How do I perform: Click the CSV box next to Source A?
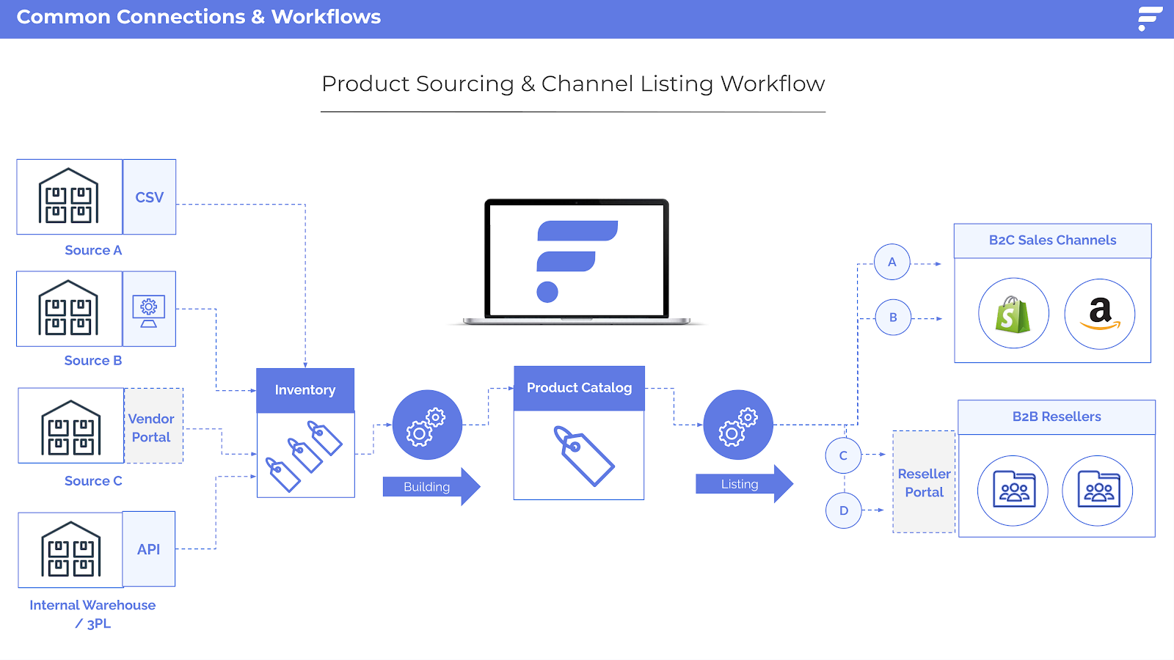coord(150,197)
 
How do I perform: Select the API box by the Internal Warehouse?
coord(149,549)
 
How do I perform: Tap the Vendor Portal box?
coord(153,427)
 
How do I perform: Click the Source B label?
coord(93,361)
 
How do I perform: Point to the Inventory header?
coord(305,390)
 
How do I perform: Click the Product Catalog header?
coord(579,388)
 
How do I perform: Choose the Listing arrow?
coord(743,484)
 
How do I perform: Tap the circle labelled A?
coord(892,262)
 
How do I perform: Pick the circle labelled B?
coord(893,318)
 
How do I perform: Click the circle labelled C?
coord(843,455)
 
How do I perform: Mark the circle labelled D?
coord(844,510)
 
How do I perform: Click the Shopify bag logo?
coord(1013,314)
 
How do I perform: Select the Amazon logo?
coord(1100,314)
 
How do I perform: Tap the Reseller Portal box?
coord(924,483)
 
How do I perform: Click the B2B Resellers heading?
coord(1057,417)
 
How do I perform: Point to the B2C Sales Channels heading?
coord(1052,241)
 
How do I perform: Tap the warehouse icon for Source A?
coord(69,197)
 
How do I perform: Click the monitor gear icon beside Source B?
coord(149,310)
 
